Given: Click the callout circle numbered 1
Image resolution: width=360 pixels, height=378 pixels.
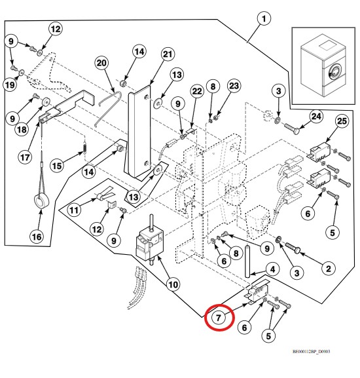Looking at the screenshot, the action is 264,19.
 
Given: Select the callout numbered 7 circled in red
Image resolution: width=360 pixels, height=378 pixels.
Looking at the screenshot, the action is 218,318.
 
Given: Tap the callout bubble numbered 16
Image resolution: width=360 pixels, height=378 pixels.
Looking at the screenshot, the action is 37,236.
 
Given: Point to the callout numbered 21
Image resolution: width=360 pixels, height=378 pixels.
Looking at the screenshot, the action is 168,54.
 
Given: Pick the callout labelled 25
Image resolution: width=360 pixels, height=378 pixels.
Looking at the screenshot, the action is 342,121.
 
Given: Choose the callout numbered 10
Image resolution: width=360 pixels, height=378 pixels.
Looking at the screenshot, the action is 173,285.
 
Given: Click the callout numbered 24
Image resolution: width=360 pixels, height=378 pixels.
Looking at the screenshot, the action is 316,117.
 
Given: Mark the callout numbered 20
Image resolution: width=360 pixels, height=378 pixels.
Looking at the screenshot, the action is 101,63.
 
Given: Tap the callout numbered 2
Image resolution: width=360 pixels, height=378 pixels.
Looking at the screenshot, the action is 329,269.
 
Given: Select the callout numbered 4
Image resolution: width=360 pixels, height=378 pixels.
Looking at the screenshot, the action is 272,269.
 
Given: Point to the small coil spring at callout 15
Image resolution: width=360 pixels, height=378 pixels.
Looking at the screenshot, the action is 84,147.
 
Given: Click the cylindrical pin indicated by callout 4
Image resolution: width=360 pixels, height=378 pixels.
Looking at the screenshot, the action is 247,261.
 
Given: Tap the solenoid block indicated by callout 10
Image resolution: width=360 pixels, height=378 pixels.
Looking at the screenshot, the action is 150,244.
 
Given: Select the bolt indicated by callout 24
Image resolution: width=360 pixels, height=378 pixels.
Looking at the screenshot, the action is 292,128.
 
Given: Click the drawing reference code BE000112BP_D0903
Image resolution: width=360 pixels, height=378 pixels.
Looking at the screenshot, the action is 311,352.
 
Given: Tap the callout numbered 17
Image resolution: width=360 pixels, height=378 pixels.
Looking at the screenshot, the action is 25,157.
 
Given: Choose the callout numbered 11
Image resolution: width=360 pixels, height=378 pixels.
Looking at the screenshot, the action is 74,210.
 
